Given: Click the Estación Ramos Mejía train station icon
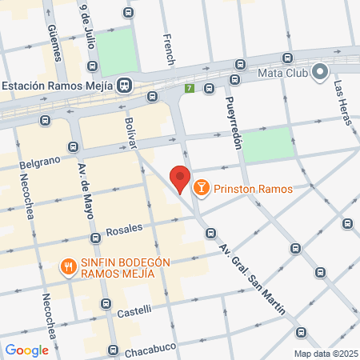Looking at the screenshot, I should [125, 86].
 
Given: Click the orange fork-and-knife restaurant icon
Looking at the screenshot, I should [70, 267].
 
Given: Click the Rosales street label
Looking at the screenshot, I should [124, 228].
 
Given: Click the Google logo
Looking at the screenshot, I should [26, 350].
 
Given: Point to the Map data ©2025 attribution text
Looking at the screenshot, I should [325, 354].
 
